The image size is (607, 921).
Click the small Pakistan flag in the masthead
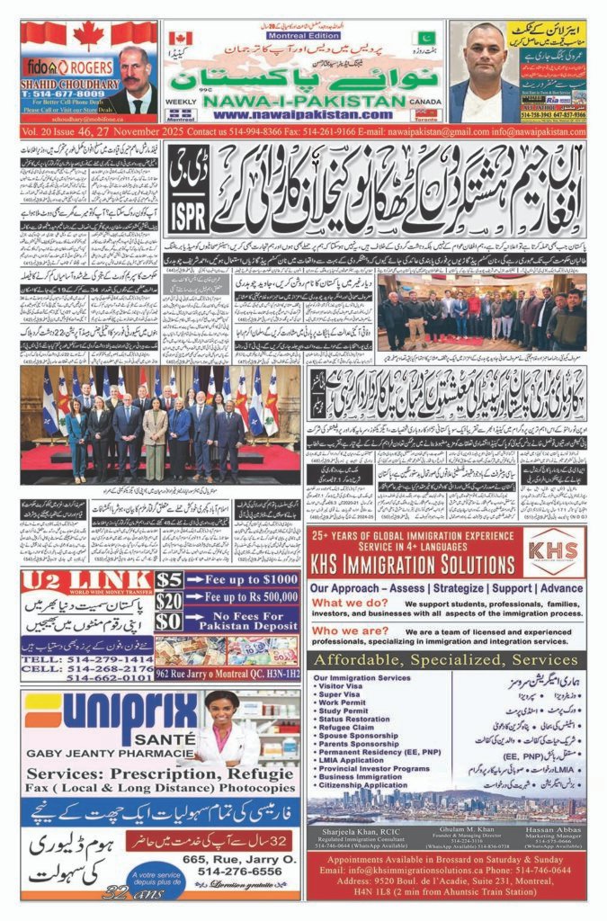[x=424, y=39]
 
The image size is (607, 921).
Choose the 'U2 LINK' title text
[x=86, y=581]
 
